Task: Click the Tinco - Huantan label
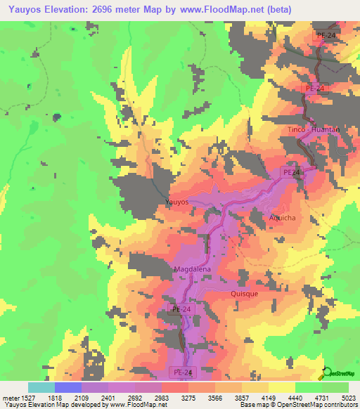[x=314, y=130]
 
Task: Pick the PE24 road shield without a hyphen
[x=291, y=171]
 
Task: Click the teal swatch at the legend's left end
[x=41, y=387]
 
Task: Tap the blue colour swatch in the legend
[x=67, y=387]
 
